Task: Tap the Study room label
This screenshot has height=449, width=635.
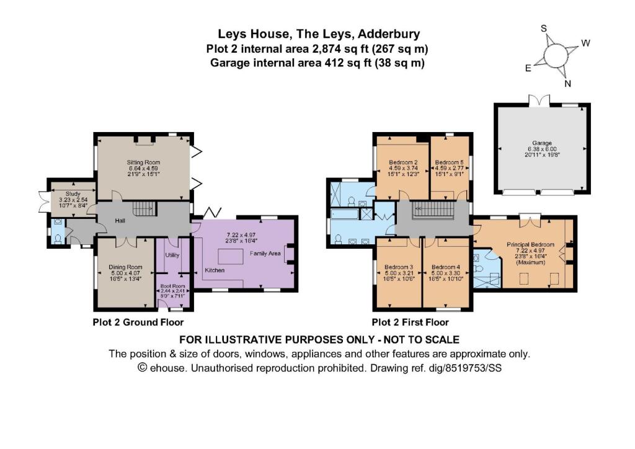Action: tap(65, 193)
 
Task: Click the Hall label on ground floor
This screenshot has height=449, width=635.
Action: tap(121, 219)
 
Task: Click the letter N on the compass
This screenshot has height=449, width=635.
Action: tap(566, 84)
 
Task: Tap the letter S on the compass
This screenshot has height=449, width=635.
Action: tap(544, 29)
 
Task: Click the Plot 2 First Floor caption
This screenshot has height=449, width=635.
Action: tap(410, 322)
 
